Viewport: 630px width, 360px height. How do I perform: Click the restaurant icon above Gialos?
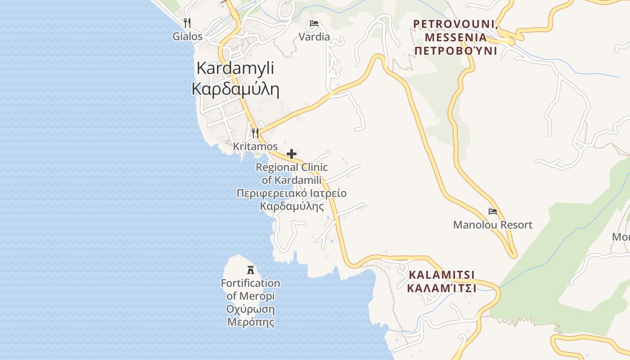(187, 22)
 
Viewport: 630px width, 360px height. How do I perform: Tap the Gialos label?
(187, 36)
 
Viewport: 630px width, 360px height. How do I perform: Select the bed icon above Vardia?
(314, 24)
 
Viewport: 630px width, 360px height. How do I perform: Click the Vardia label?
(314, 37)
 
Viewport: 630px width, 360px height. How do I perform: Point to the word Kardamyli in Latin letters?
(235, 68)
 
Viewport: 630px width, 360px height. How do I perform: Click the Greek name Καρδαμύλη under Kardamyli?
(235, 89)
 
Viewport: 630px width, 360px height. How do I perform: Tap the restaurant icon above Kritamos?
(255, 133)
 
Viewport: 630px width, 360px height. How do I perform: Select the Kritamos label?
(255, 147)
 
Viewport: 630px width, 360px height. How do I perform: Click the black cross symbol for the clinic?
(292, 154)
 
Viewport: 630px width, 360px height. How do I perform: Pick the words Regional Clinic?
(292, 167)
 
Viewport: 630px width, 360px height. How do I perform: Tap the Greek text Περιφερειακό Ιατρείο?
(292, 193)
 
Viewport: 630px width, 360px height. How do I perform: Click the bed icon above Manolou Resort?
(493, 211)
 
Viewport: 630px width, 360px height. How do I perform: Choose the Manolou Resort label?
(493, 225)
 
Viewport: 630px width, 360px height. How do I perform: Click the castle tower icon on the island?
(251, 270)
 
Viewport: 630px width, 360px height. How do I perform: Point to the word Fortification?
(251, 283)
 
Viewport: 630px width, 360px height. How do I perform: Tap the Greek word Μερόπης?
(251, 322)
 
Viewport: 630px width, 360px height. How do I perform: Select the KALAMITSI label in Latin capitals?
(441, 274)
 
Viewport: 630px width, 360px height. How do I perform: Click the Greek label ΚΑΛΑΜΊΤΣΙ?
(441, 288)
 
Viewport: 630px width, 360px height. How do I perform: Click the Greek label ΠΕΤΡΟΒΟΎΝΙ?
(455, 51)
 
